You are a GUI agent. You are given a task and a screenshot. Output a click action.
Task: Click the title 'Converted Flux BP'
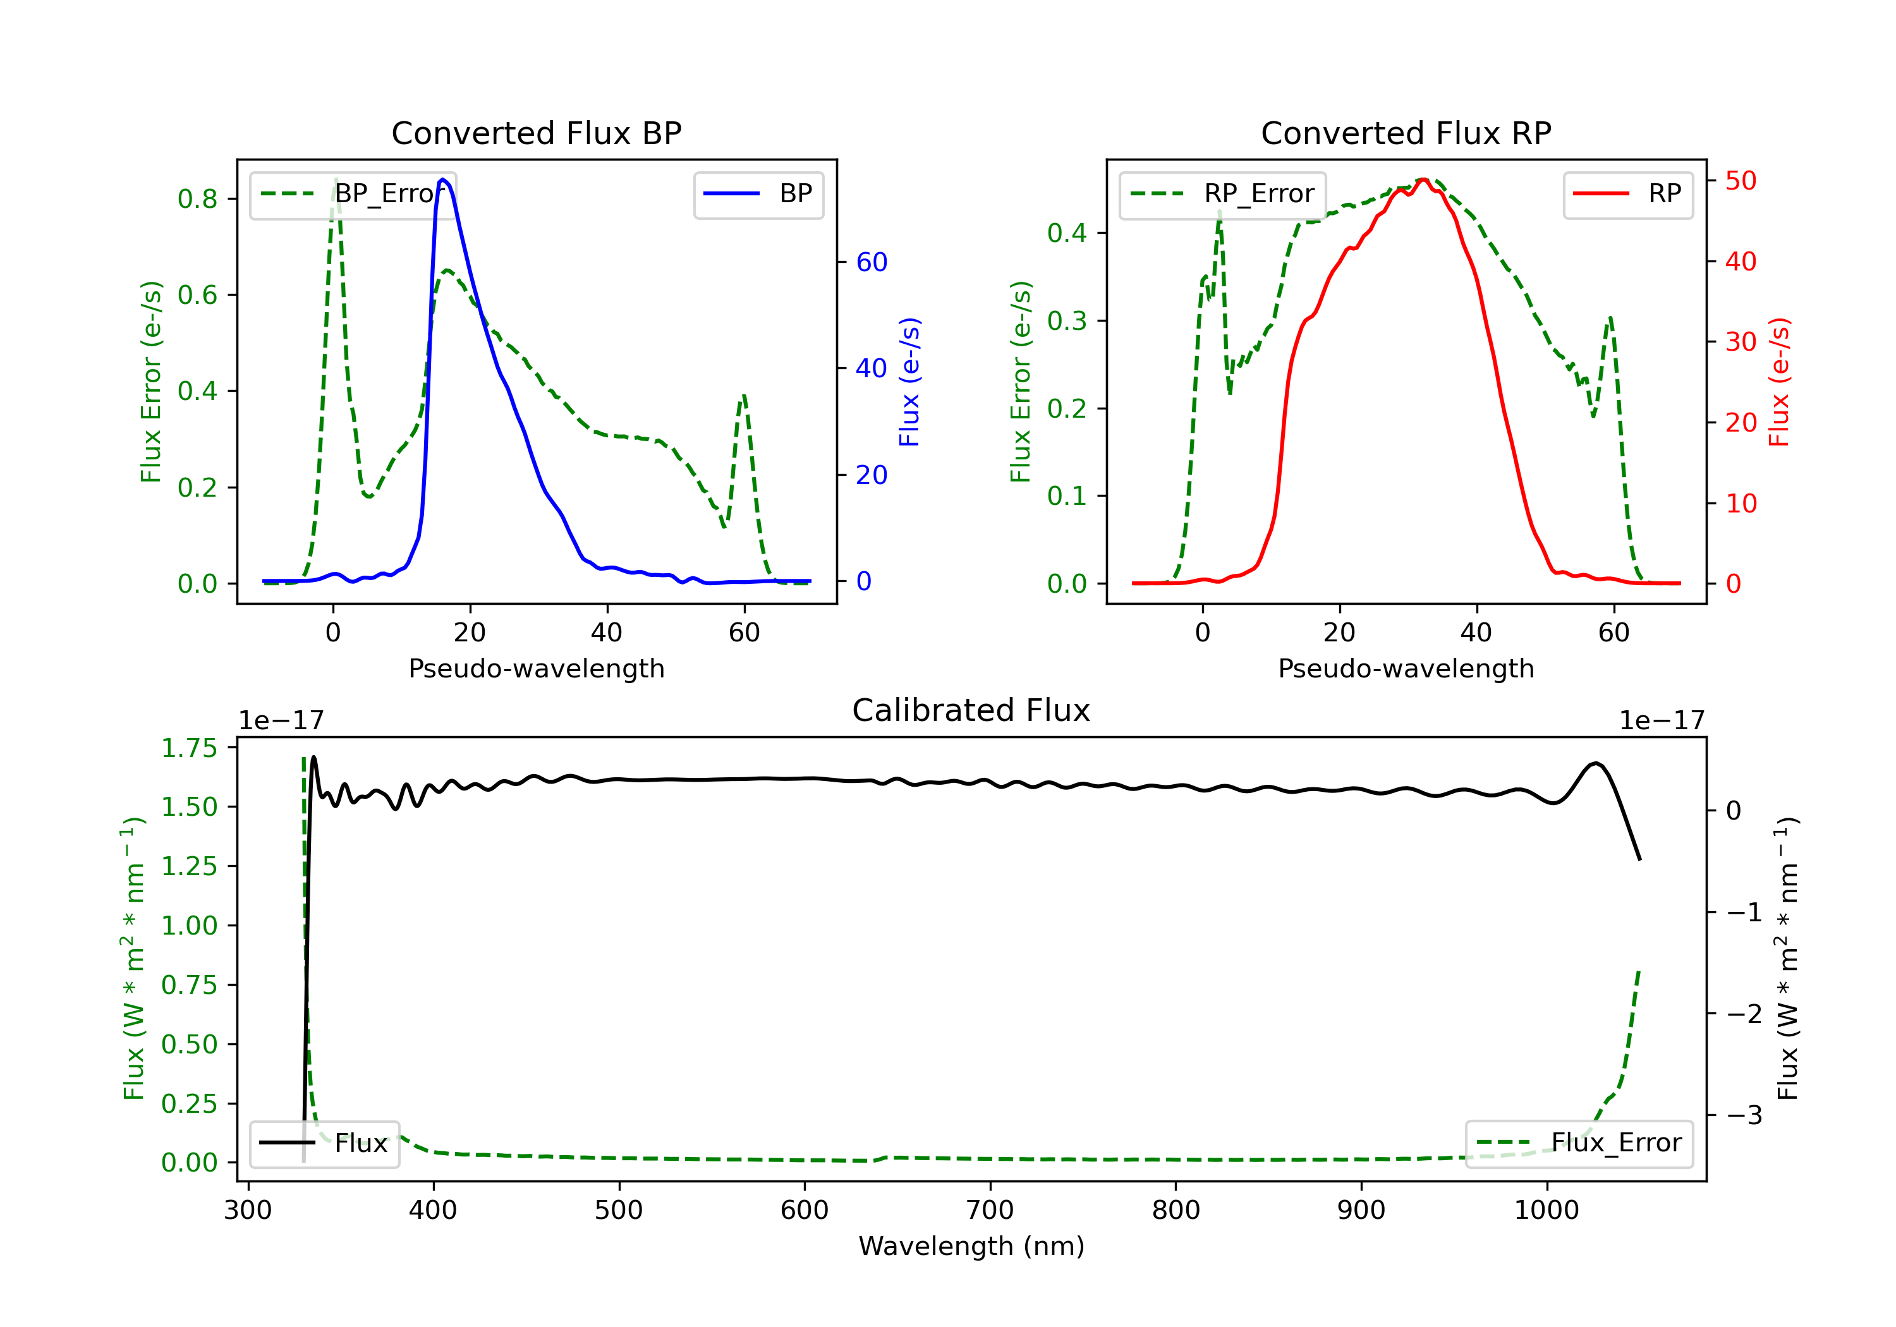pyautogui.click(x=536, y=133)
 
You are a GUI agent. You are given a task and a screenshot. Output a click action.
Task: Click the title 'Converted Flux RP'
pyautogui.click(x=1406, y=133)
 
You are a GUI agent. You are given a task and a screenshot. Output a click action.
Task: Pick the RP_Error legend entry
pyautogui.click(x=1223, y=194)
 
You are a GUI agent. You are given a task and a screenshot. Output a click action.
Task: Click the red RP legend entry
pyautogui.click(x=1627, y=194)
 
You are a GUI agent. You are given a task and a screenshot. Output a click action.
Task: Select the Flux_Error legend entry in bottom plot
pyautogui.click(x=1579, y=1143)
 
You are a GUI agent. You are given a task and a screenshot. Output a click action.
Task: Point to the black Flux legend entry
pyautogui.click(x=325, y=1143)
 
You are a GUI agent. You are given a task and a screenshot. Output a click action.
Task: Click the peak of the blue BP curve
pyautogui.click(x=444, y=179)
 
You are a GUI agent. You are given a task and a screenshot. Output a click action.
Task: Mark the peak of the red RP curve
pyautogui.click(x=1423, y=179)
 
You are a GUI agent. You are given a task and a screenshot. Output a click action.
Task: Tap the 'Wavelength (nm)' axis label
pyautogui.click(x=971, y=1246)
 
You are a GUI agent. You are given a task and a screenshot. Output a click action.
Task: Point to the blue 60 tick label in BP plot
pyautogui.click(x=871, y=263)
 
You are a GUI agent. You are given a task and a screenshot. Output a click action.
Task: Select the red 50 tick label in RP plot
pyautogui.click(x=1741, y=181)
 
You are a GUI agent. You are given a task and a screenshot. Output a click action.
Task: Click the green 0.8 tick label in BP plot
pyautogui.click(x=197, y=199)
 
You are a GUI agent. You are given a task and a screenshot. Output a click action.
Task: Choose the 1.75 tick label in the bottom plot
pyautogui.click(x=188, y=748)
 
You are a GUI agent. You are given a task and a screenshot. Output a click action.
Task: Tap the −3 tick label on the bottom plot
pyautogui.click(x=1744, y=1115)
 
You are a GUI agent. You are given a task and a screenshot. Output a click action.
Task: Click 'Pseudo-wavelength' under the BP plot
pyautogui.click(x=536, y=668)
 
